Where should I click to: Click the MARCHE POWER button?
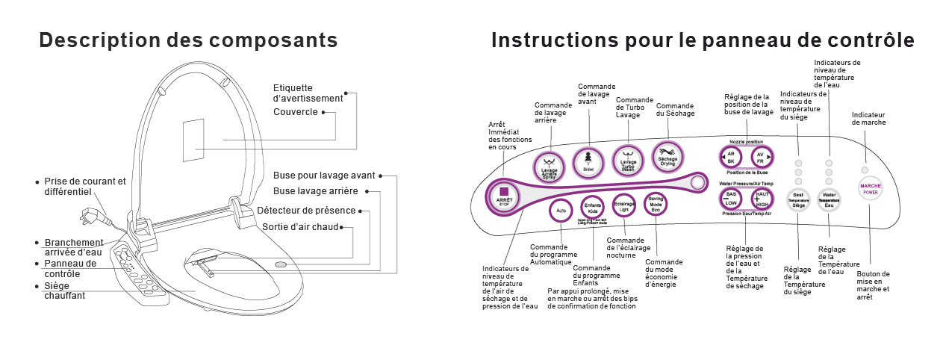coord(871,188)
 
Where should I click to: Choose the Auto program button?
coord(561,211)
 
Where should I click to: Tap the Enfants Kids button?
coord(593,208)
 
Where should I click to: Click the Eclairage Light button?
coord(624,206)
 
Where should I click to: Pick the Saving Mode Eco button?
coord(656,204)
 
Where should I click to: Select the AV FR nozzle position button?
coord(762,158)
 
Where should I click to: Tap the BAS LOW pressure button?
coord(731,199)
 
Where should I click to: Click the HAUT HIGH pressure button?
coord(762,199)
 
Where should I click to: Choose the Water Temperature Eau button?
coord(829,200)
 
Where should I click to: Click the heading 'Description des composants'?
coord(188,40)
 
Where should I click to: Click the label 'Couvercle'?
coord(296,112)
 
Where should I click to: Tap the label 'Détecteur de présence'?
coord(306,211)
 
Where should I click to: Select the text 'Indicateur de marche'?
coord(868,118)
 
